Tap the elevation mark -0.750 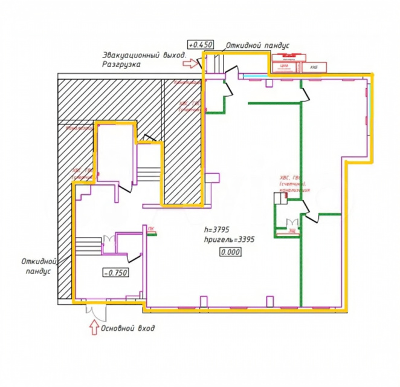tap(116, 273)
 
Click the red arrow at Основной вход tap(94, 328)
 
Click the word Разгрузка tap(123, 63)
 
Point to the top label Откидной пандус tap(259, 45)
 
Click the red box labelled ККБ tap(314, 67)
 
